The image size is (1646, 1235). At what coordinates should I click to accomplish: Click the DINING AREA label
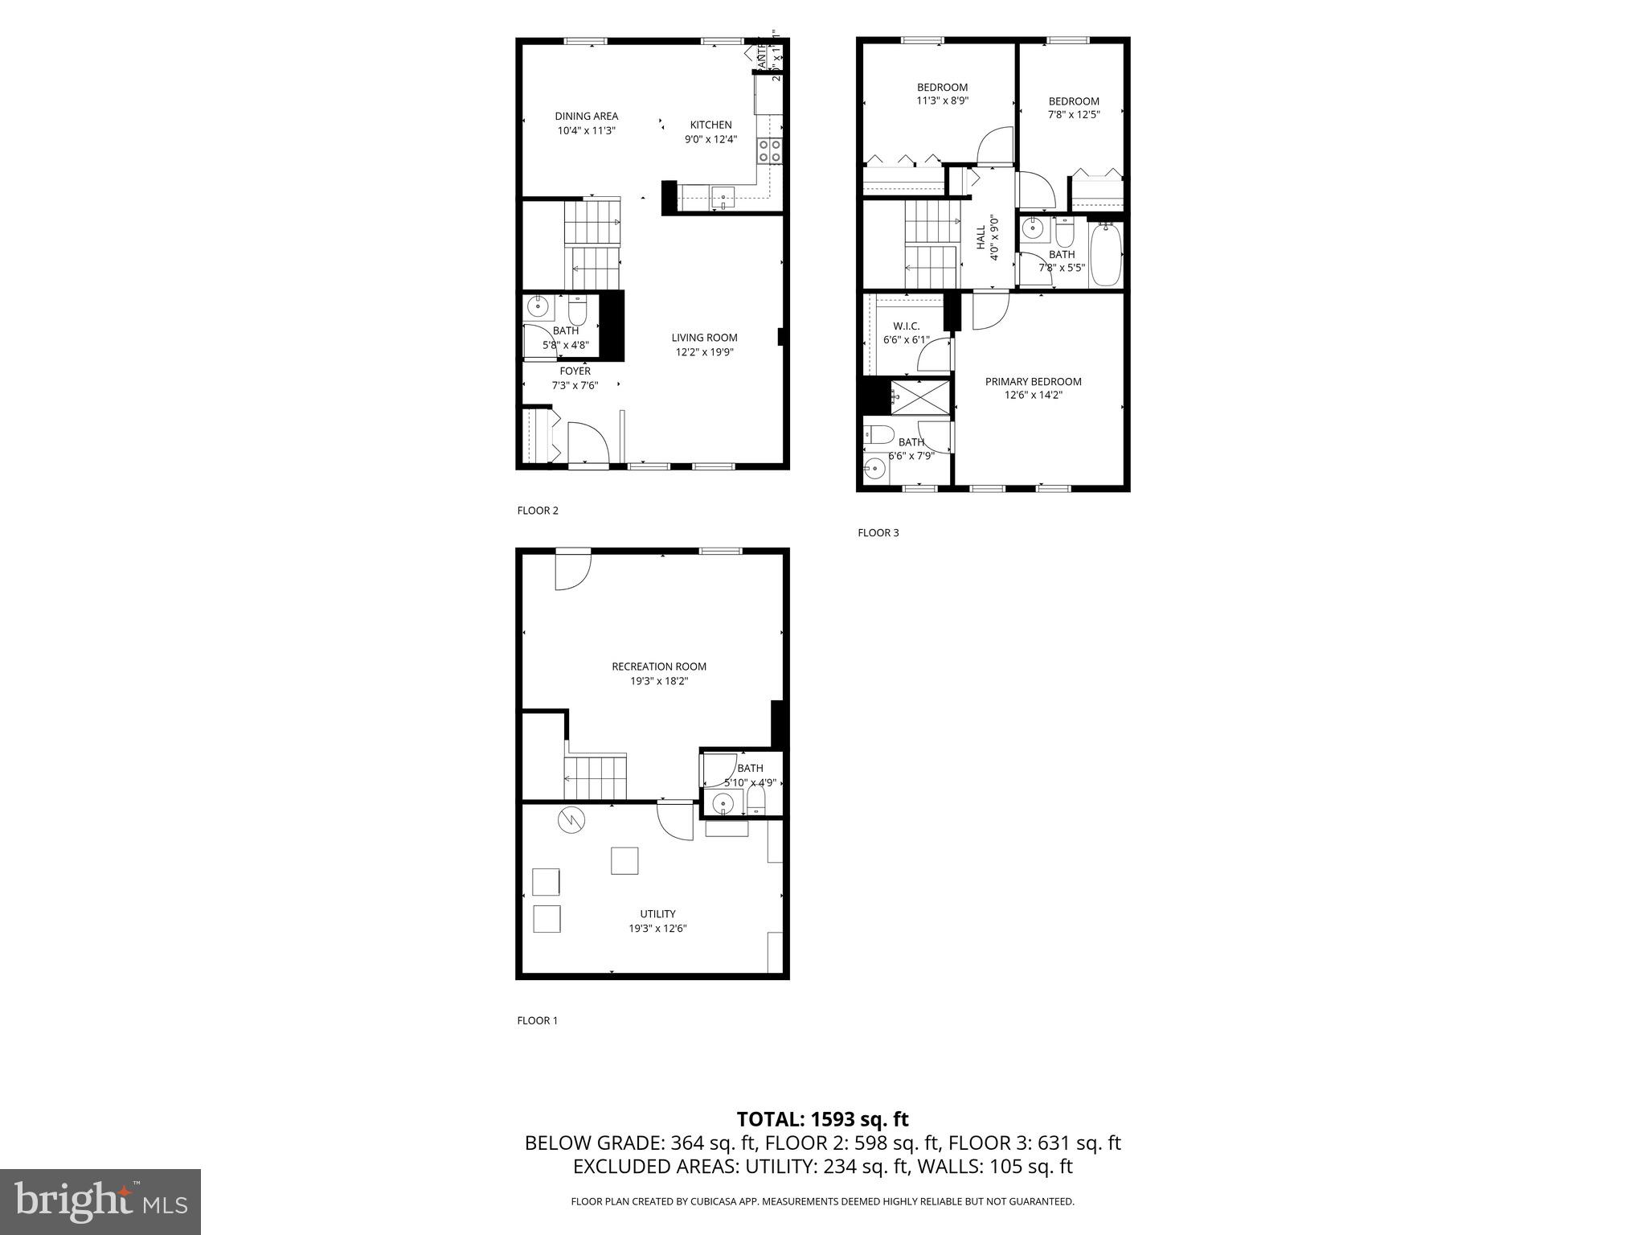586,116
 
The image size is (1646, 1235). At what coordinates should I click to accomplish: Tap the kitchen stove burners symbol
770,152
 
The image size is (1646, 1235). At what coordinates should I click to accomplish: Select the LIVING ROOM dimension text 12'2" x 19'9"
704,352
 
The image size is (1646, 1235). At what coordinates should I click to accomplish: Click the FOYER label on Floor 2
575,371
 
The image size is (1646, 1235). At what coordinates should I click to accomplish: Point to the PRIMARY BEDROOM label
1033,381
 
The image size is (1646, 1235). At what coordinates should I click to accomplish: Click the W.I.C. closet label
906,326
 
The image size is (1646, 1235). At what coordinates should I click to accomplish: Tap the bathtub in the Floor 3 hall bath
1105,255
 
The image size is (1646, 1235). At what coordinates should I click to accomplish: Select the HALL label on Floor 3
981,238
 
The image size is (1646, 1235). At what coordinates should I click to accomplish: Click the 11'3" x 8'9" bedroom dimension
942,101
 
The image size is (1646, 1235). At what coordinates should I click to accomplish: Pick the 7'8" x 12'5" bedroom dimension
1073,115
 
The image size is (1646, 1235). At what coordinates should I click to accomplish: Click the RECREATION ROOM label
658,667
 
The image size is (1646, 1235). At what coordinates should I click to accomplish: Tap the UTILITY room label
657,913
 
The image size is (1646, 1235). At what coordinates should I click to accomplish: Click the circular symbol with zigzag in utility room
572,819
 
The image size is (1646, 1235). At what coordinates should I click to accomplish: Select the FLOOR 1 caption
537,1020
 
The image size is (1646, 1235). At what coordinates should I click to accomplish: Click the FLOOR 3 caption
878,532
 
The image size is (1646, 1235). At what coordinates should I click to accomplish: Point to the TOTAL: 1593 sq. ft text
822,1119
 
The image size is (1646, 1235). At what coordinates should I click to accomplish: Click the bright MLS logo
100,1201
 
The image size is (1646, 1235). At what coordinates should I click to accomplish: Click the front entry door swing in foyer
588,442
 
